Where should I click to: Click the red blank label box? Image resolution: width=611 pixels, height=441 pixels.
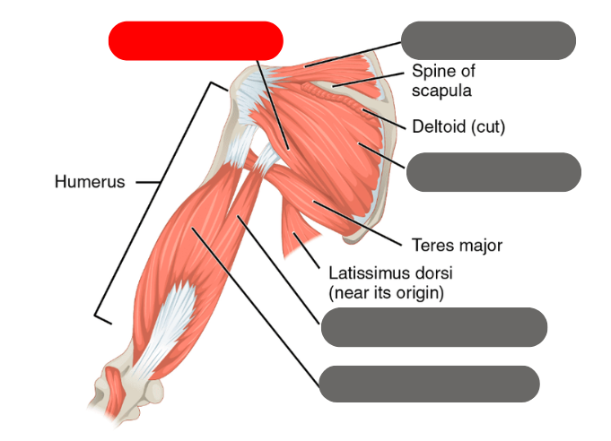196,41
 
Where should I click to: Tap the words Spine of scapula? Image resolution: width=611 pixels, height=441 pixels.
442,80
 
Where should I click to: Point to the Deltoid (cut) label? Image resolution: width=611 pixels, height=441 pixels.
458,127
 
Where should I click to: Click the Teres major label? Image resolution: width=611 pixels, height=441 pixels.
455,244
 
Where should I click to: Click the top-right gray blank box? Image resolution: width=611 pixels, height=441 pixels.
487,41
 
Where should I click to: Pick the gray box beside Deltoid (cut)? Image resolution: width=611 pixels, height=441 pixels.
493,172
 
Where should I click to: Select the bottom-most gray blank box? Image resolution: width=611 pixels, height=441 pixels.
429,384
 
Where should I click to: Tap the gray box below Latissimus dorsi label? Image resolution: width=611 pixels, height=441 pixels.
433,327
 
